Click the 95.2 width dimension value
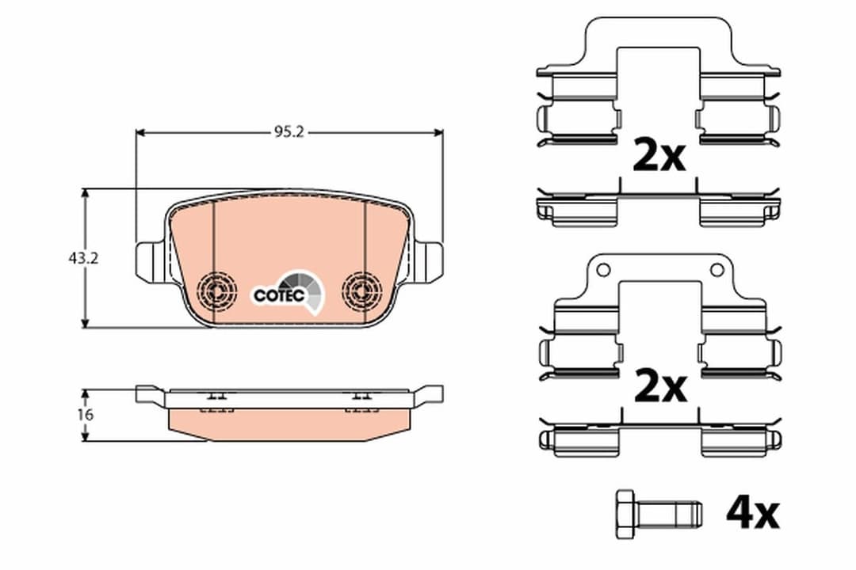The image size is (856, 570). [x=289, y=133]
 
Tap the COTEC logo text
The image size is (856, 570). [x=279, y=295]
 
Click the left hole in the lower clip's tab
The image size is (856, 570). [x=603, y=270]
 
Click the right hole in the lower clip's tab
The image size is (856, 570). [x=717, y=270]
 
